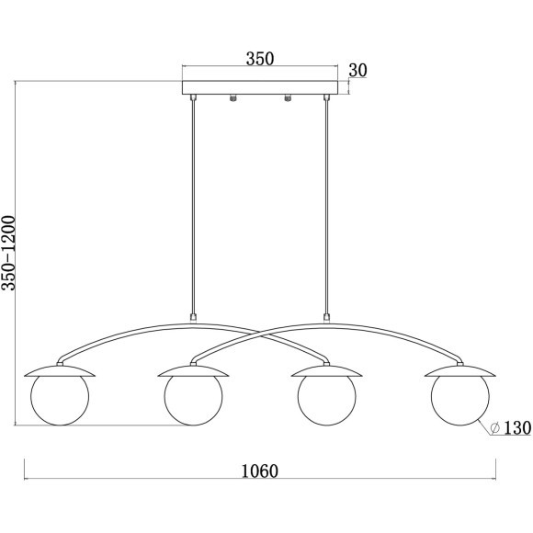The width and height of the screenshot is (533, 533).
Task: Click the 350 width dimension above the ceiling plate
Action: coord(260,59)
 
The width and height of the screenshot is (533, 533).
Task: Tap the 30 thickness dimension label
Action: coord(358,71)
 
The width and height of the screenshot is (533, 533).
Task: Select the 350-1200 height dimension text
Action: coord(8,253)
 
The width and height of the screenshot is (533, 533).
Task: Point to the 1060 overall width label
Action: coord(260,471)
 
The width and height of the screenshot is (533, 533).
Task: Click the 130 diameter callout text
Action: coord(517,427)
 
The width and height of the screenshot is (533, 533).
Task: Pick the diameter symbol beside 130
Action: coord(495,428)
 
